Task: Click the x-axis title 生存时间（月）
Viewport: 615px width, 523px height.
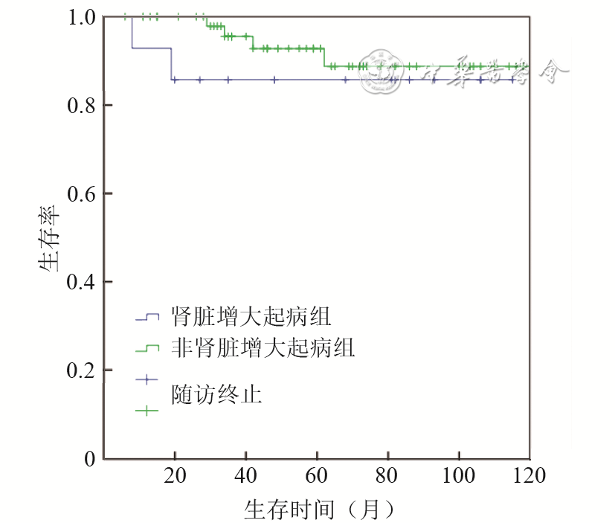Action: point(319,510)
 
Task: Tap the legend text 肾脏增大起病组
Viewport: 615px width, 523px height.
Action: point(251,316)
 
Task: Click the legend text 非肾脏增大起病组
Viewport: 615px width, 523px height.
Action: point(263,347)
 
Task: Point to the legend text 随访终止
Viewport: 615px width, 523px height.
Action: point(216,393)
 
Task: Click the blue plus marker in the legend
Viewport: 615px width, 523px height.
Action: point(147,379)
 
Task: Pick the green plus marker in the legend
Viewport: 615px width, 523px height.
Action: point(147,409)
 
